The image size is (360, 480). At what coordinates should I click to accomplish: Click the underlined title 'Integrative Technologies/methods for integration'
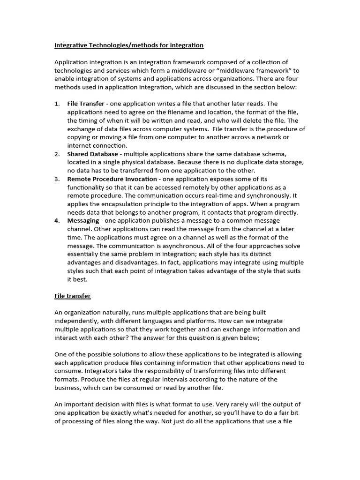point(129,45)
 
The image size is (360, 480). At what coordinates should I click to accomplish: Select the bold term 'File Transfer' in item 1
point(86,104)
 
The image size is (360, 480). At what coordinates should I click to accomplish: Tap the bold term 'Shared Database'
point(93,154)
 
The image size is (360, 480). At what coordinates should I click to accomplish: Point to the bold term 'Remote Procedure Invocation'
point(112,179)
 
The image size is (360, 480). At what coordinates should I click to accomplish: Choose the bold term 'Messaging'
point(83,221)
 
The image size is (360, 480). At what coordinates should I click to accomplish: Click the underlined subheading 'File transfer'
point(73,296)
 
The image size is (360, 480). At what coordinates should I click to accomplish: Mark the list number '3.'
point(57,179)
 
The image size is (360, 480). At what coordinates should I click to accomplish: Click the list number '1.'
point(57,104)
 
